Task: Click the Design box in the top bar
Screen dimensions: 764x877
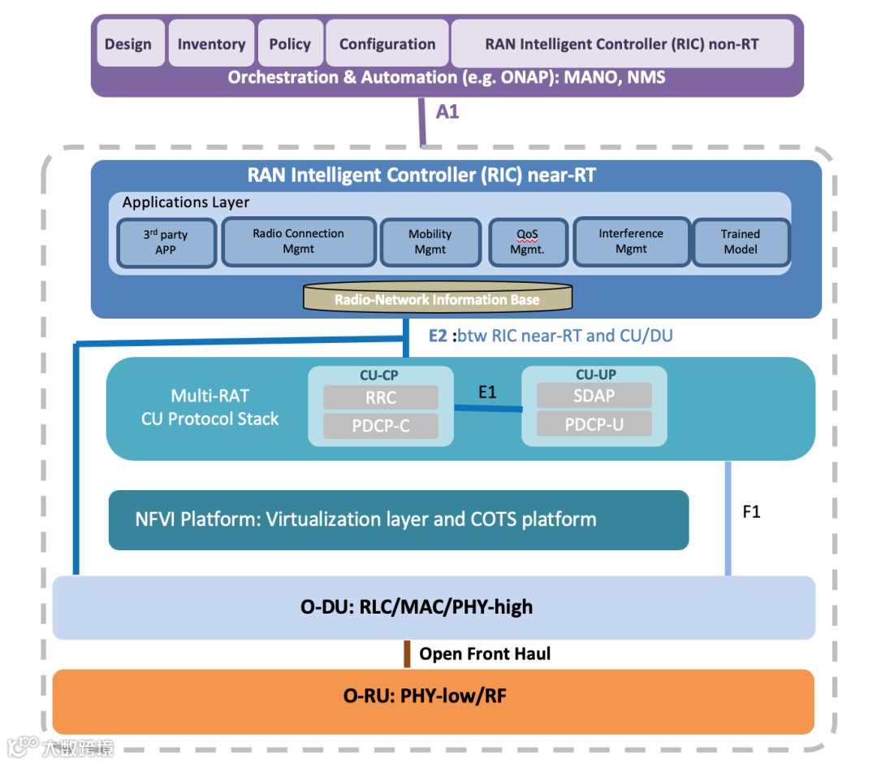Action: [x=128, y=44]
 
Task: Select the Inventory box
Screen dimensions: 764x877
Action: [x=211, y=44]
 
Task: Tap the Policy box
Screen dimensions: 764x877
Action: [x=290, y=44]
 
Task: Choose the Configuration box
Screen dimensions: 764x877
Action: [x=387, y=44]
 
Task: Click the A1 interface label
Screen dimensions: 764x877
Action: [x=447, y=112]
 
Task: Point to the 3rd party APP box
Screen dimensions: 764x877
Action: [x=166, y=242]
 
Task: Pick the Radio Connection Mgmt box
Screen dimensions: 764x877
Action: [x=298, y=241]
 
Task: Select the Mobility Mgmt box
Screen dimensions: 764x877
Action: [x=430, y=241]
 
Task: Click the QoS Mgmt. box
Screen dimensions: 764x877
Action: [x=527, y=242]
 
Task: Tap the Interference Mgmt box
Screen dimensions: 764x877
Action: [x=631, y=241]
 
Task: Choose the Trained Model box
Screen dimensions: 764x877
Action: [x=741, y=241]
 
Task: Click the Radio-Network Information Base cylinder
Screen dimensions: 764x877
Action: [x=437, y=299]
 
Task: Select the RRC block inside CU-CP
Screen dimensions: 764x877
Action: [x=381, y=397]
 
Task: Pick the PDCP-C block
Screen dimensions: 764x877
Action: [x=381, y=425]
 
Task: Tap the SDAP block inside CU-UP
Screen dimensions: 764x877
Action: [x=594, y=396]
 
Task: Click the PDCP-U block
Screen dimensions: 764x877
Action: [x=594, y=423]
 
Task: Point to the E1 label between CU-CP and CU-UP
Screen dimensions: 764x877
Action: [x=487, y=393]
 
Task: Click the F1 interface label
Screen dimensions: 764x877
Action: [x=752, y=512]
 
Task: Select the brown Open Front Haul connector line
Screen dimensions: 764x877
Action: [x=407, y=653]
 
